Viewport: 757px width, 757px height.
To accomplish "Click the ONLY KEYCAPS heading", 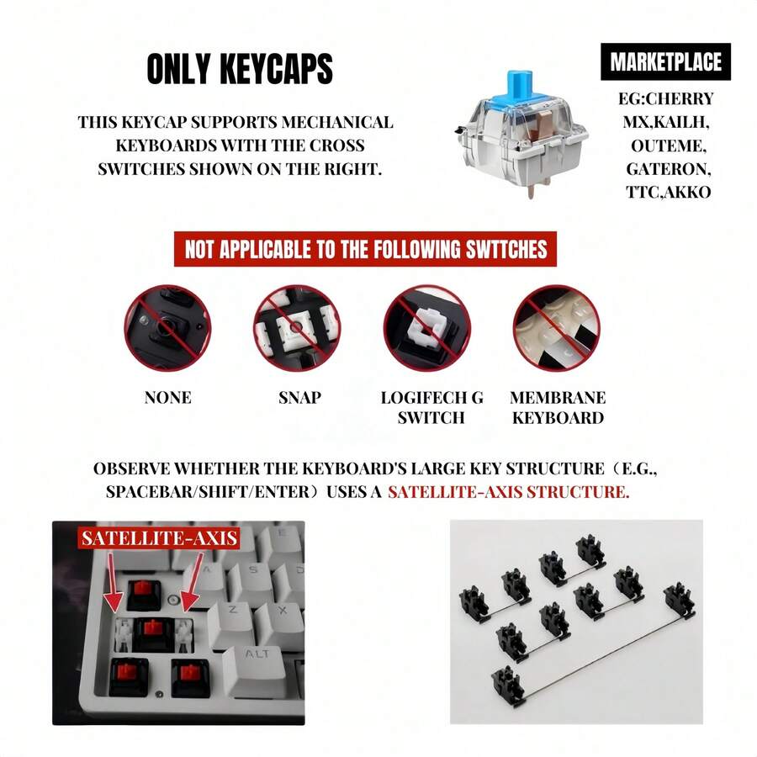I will coord(240,71).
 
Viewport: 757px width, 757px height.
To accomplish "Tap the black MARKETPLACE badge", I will coord(665,62).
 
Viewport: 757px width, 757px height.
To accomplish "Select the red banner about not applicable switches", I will coord(365,250).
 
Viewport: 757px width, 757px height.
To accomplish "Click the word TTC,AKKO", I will coord(668,192).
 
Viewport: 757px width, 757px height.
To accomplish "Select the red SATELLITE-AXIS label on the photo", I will coord(159,537).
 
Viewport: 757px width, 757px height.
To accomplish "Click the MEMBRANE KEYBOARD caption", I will coord(558,407).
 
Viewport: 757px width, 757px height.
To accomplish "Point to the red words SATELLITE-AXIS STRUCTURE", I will coord(508,491).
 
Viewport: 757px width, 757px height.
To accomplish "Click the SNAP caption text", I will coord(299,397).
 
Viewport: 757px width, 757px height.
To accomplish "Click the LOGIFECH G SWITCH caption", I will coord(431,407).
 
